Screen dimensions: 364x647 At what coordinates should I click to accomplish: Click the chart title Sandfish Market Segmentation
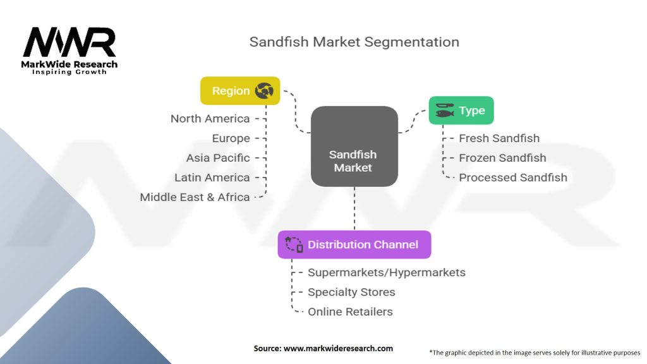tap(354, 42)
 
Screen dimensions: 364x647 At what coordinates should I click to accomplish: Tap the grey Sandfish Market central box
tap(354, 146)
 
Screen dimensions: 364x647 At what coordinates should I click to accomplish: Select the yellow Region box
tap(239, 91)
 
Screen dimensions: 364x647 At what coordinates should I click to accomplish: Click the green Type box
tap(461, 111)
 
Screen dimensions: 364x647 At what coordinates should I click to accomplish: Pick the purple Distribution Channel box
tap(354, 245)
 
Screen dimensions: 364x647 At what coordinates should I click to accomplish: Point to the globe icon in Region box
tap(263, 91)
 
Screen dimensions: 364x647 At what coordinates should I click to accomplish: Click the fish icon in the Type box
tap(445, 111)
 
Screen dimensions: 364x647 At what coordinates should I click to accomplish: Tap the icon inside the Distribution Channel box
tap(294, 245)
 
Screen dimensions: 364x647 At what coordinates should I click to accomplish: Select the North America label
tap(210, 119)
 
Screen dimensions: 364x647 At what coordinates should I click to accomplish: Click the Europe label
tap(231, 138)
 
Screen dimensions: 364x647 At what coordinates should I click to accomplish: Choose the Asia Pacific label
tap(218, 158)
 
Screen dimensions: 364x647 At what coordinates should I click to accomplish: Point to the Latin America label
tap(212, 178)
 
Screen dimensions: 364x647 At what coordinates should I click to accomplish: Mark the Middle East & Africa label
tap(195, 197)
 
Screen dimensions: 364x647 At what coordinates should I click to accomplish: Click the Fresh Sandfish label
tap(499, 138)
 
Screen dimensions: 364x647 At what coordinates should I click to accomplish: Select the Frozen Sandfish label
tap(502, 158)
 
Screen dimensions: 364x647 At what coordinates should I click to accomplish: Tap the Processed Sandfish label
tap(512, 178)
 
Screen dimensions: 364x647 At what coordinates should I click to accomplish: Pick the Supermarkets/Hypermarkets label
tap(386, 272)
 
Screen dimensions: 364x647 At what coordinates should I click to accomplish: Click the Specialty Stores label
tap(351, 292)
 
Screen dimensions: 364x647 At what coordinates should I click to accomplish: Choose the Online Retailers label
tap(350, 312)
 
